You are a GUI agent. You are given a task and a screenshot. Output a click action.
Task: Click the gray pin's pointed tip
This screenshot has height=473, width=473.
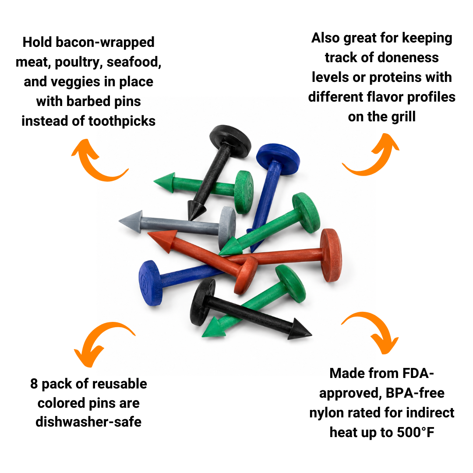pyautogui.click(x=120, y=221)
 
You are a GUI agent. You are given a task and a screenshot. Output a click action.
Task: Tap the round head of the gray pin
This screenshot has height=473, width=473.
pyautogui.click(x=227, y=228)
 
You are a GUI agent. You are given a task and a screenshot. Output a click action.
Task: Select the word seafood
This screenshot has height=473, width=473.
pyautogui.click(x=134, y=62)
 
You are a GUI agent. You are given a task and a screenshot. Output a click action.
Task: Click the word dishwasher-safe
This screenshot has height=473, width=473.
pyautogui.click(x=88, y=422)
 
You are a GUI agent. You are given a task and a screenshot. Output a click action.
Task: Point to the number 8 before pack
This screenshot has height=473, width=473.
pyautogui.click(x=34, y=384)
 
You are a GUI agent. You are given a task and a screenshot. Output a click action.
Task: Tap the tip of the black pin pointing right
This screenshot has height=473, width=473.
pyautogui.click(x=311, y=334)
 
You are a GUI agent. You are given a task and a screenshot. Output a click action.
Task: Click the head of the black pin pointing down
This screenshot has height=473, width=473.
pyautogui.click(x=230, y=141)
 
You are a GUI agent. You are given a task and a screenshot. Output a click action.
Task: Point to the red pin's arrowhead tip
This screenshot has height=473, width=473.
pyautogui.click(x=148, y=233)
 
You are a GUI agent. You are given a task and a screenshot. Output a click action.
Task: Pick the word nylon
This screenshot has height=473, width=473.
pyautogui.click(x=327, y=413)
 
